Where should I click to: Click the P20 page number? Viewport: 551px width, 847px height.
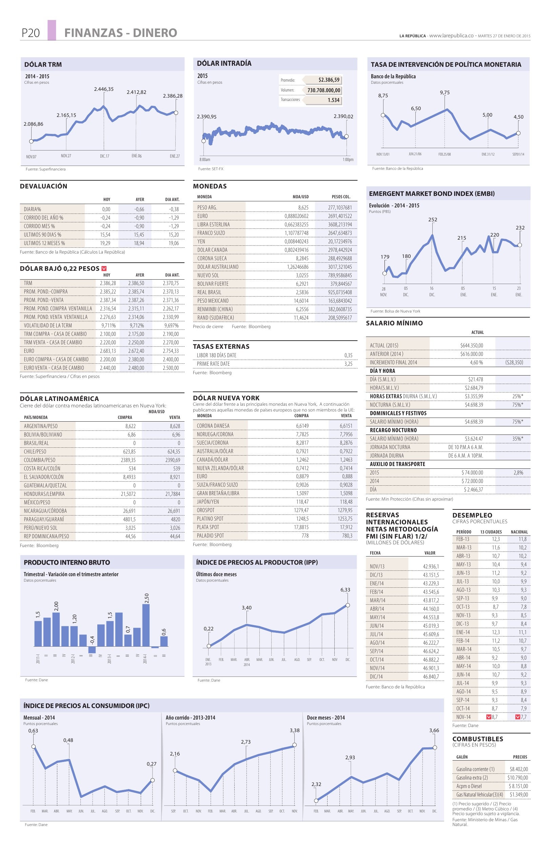point(30,33)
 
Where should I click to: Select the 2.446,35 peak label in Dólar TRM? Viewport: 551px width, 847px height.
point(103,89)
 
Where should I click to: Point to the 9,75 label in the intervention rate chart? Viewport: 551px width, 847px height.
point(445,93)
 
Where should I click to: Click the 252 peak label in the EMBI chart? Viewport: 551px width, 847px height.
point(432,220)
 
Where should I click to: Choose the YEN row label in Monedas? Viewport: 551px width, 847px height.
point(201,241)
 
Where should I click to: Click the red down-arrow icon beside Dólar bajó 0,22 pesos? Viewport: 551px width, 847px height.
point(104,268)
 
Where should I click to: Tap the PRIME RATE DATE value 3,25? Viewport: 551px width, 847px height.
point(348,364)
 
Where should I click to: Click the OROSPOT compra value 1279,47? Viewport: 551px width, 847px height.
point(302,510)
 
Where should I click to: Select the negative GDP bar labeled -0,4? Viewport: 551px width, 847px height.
point(92,649)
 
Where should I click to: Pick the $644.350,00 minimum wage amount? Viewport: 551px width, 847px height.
point(471,345)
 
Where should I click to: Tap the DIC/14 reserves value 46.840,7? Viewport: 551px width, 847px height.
point(431,677)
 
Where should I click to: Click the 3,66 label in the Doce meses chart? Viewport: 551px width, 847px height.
point(434,730)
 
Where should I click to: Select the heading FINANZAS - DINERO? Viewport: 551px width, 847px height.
point(121,33)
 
